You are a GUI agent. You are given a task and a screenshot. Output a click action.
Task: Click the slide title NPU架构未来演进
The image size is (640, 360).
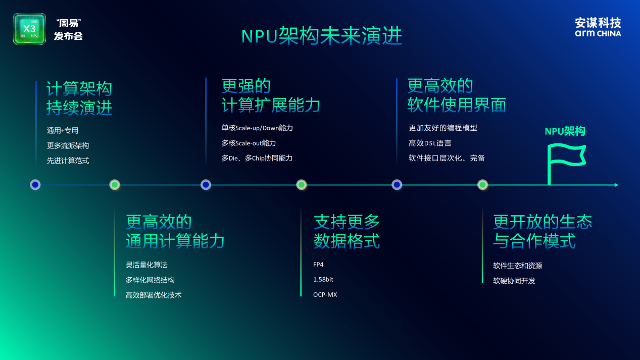point(321,36)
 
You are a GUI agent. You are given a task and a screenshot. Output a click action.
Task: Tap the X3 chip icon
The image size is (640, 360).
point(29,29)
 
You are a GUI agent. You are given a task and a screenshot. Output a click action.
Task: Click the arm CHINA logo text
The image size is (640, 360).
point(598,33)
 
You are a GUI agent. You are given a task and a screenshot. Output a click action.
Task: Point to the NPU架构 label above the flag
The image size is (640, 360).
point(565,131)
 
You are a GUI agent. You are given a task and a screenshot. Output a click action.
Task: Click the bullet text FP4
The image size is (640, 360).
point(318,264)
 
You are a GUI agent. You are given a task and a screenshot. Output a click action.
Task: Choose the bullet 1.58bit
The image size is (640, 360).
point(323,279)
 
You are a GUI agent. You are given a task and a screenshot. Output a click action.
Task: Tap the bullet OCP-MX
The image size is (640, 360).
point(325,294)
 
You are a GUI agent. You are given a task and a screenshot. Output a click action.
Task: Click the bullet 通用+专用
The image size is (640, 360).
point(63,130)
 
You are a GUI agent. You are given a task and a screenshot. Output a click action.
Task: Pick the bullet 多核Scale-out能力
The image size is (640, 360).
point(249,143)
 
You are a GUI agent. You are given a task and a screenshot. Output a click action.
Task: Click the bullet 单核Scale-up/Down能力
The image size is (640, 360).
point(257,128)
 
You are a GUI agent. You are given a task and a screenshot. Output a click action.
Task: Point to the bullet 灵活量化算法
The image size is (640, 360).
point(146,265)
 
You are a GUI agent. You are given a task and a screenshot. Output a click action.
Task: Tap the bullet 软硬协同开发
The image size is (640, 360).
point(514,281)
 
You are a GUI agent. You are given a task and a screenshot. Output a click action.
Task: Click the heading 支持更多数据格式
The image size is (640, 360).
point(347,231)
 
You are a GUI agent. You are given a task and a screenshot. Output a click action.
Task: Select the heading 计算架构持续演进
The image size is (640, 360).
point(79,98)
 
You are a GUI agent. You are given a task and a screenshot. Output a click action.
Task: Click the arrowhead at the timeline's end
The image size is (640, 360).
point(616,185)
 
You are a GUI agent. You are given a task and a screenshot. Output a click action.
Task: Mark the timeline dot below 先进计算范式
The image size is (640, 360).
point(35,185)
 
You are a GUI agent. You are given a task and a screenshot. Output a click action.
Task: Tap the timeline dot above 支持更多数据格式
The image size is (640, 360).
point(302,185)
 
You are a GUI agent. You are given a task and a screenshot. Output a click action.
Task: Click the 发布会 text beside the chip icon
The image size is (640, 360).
point(68,36)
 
